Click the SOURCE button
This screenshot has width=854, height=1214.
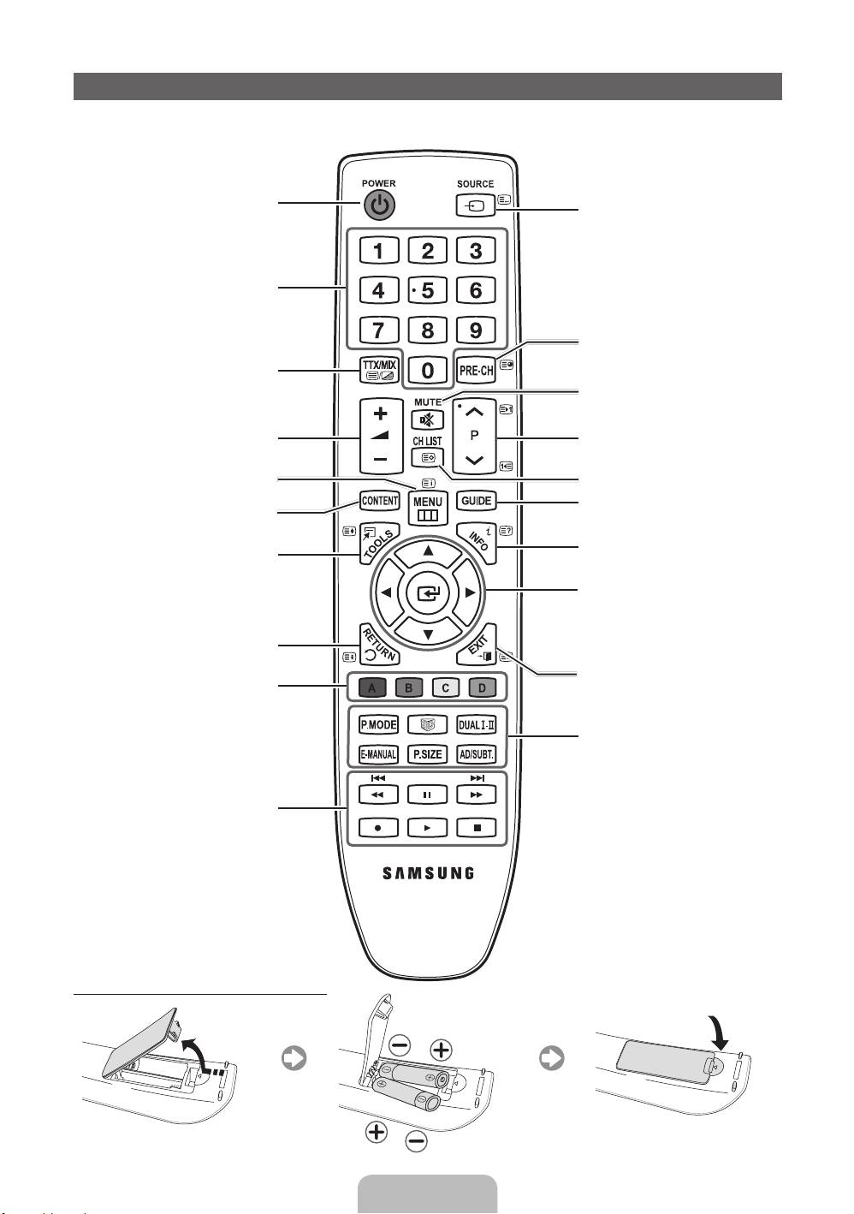pos(476,205)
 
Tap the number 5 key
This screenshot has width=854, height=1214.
pos(427,290)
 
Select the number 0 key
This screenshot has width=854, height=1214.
pos(427,370)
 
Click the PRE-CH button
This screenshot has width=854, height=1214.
pos(476,370)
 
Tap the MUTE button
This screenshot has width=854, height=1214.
pos(427,419)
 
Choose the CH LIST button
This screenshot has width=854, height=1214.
pos(427,457)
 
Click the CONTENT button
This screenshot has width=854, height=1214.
pos(380,501)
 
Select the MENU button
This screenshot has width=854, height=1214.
pos(427,508)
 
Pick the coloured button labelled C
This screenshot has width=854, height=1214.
pos(446,687)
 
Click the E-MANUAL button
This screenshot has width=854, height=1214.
pos(377,754)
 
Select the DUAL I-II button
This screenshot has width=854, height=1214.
pos(476,725)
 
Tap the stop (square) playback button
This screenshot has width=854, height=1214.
pos(477,828)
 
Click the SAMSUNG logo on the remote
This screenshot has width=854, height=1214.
pos(427,873)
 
